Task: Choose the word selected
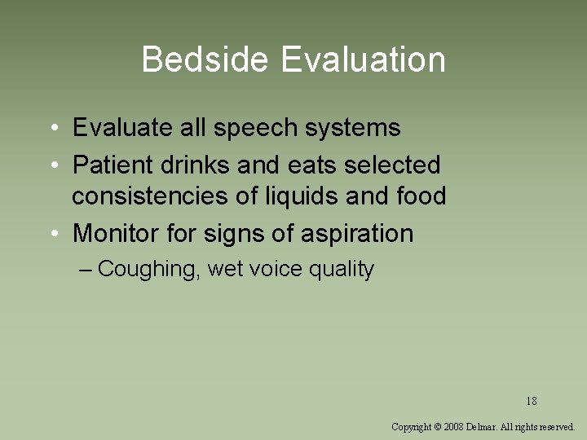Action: pyautogui.click(x=392, y=165)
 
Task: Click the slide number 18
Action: pyautogui.click(x=532, y=401)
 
